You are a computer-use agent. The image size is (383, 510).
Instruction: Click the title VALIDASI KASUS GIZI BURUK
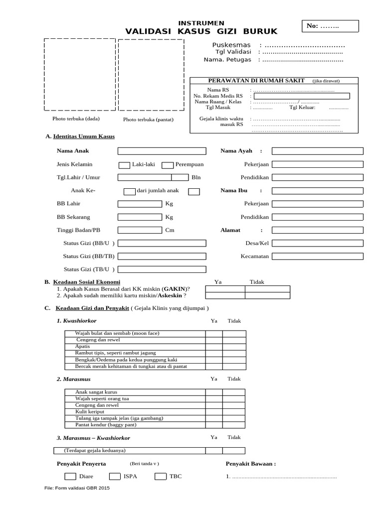tap(201, 31)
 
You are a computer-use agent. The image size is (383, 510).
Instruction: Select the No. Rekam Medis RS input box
tap(301, 96)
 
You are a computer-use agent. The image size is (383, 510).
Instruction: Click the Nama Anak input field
tap(162, 151)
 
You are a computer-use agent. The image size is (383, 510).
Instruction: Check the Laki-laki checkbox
tap(124, 165)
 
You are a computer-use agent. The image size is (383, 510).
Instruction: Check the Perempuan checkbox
tap(168, 165)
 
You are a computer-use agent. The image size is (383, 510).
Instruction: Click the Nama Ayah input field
tap(317, 151)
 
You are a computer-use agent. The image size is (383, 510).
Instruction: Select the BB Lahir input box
tap(140, 204)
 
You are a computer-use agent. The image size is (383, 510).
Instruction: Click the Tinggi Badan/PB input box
tap(140, 230)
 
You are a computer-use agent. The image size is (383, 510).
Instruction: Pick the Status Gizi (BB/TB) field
tap(162, 256)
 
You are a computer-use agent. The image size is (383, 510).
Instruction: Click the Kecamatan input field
tap(317, 256)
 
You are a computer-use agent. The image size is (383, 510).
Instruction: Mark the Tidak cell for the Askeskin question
tap(267, 295)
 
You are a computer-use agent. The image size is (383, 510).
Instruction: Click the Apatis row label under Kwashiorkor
tap(82, 347)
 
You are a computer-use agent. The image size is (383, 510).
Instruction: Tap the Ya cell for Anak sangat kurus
tap(214, 392)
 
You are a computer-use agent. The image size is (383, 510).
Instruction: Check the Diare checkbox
tap(71, 476)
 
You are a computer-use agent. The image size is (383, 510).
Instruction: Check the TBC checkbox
tap(160, 476)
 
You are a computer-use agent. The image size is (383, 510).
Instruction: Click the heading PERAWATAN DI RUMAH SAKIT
tap(256, 81)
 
